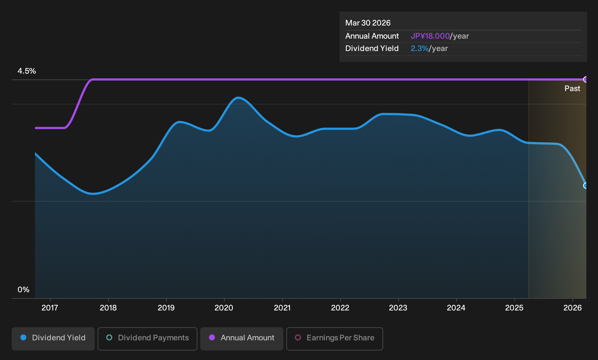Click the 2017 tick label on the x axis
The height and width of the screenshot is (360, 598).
50,308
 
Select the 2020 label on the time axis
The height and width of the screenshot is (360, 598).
224,308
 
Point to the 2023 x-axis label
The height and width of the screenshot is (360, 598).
398,308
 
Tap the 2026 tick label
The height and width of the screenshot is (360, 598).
573,308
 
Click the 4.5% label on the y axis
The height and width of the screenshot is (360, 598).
27,71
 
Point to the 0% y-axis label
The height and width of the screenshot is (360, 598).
24,290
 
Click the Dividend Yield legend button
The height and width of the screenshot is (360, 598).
53,339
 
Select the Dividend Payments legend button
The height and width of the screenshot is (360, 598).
147,339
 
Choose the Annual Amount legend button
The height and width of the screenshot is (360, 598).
241,339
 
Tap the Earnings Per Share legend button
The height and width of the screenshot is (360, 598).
334,339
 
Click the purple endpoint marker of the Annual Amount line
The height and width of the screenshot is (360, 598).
585,79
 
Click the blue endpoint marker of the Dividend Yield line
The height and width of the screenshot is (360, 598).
585,185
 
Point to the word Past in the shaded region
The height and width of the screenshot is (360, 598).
572,89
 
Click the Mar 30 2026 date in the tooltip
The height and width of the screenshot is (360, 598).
367,23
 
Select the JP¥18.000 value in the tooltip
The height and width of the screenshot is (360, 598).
430,36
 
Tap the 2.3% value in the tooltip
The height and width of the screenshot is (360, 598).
420,48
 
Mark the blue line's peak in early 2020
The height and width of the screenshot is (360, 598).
238,98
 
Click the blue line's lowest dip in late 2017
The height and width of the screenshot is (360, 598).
93,193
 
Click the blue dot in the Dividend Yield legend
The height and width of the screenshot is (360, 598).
24,337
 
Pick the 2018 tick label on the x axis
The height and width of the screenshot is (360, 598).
108,308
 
